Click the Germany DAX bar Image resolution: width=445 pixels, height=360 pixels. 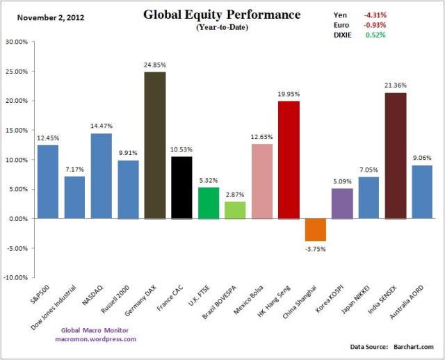click(155, 145)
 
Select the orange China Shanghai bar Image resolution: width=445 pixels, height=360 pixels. click(315, 229)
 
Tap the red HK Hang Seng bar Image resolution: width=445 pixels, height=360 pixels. click(289, 160)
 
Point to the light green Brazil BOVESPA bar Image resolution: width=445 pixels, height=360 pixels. click(235, 210)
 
